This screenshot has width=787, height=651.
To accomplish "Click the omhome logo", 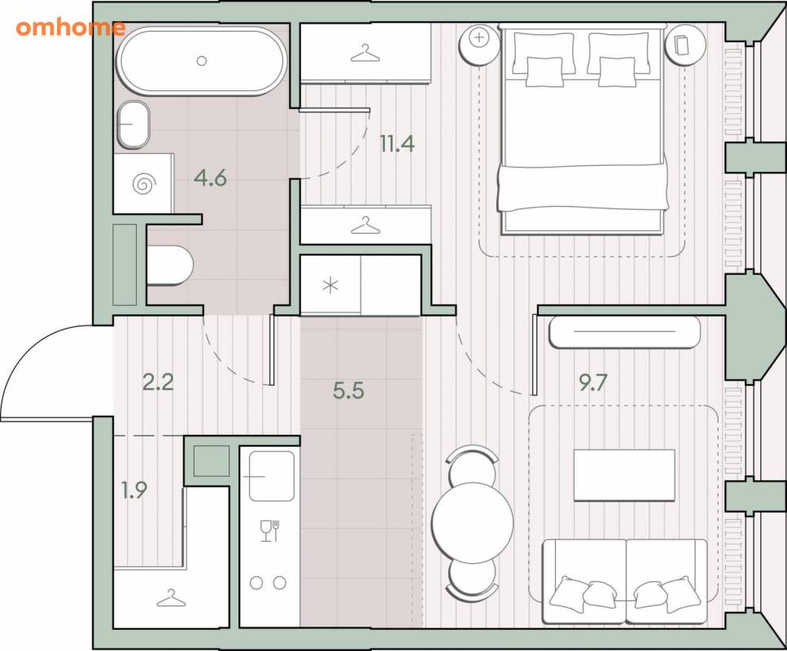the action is [70, 28].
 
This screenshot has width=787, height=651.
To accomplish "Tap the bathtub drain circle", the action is [202, 61].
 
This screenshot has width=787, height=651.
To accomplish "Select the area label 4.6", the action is [211, 177].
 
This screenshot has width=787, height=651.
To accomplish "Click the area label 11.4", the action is [397, 144].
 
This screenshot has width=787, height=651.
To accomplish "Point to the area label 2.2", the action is [158, 382].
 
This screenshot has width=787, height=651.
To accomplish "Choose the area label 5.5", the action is [348, 391].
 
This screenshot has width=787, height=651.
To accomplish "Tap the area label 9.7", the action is [593, 382].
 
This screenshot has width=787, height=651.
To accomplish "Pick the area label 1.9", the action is [134, 490].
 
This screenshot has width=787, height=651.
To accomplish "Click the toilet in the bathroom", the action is [169, 265].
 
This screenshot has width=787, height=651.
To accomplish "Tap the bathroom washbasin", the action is [133, 125].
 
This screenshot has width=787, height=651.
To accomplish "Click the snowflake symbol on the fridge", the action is [330, 286].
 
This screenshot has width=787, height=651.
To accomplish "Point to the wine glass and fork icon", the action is [269, 531].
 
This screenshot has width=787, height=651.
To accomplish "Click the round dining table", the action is [473, 522].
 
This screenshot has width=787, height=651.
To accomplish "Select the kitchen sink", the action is [272, 476].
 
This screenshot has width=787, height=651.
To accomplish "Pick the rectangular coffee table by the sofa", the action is [624, 475].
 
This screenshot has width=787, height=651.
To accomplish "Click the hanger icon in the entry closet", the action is [171, 598].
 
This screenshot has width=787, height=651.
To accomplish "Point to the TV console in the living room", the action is [624, 332].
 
